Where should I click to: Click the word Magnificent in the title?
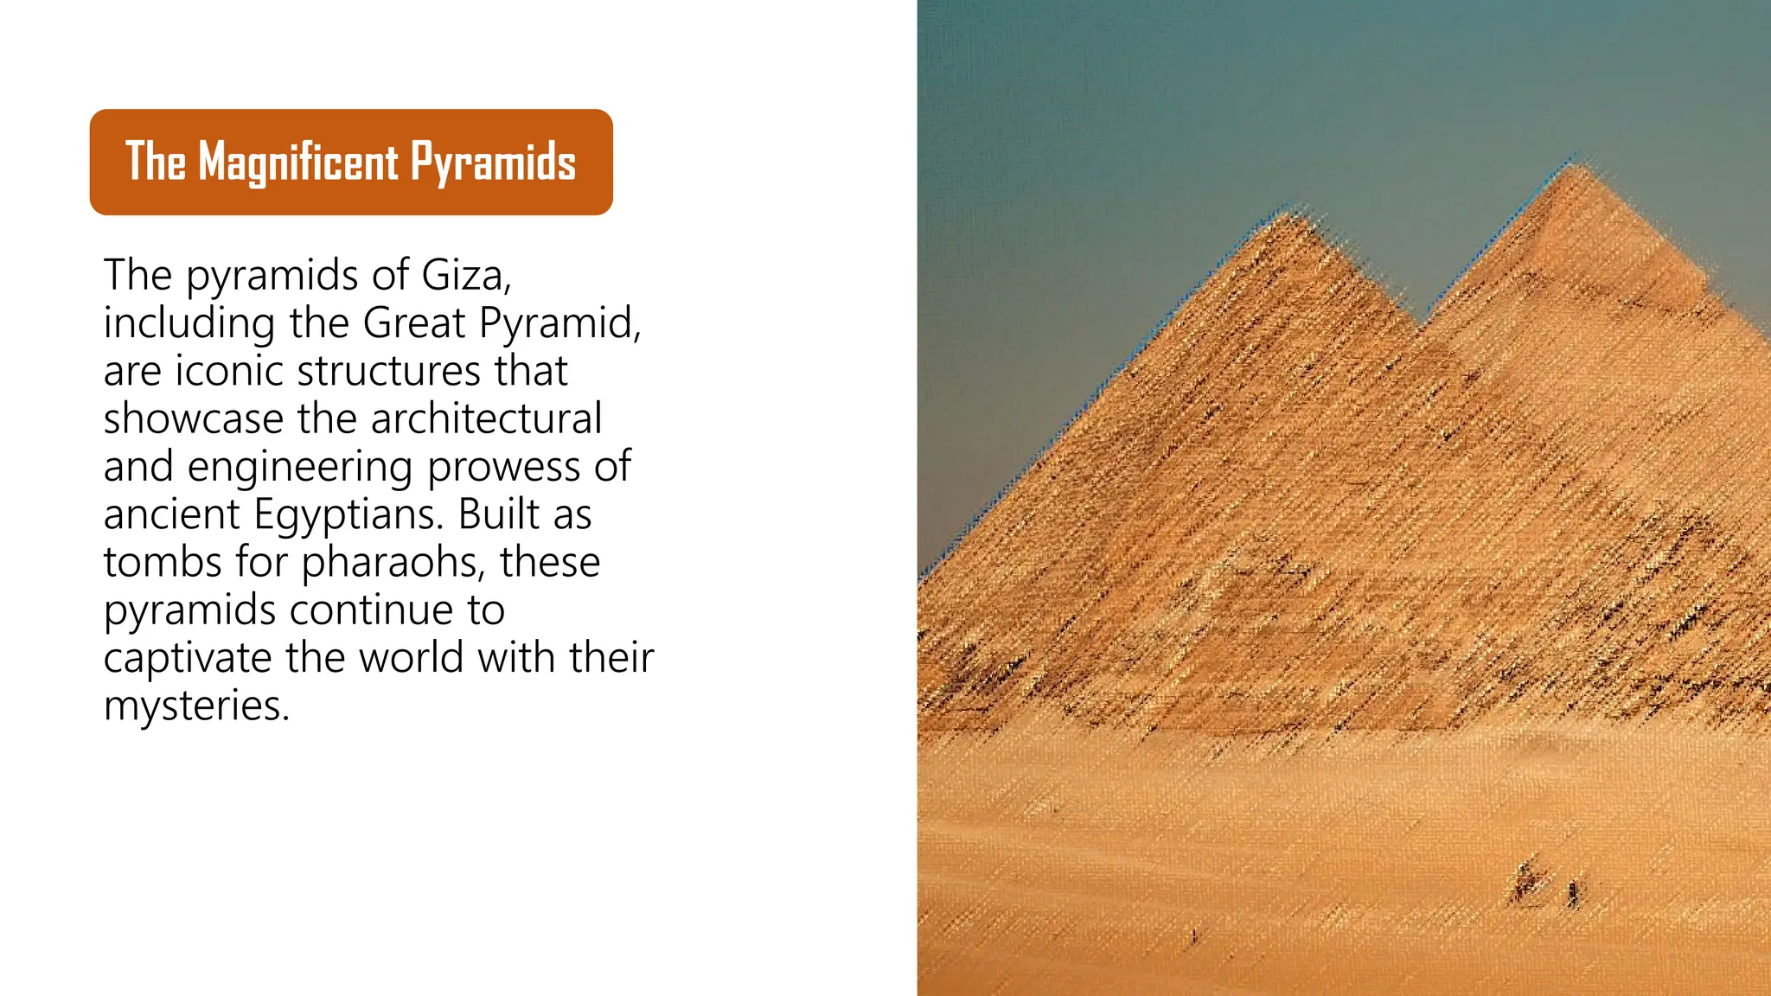[298, 162]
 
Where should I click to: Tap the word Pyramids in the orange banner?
[493, 162]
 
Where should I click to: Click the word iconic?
[231, 371]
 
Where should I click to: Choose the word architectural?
[486, 419]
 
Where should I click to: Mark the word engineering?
[300, 468]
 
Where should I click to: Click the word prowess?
[504, 468]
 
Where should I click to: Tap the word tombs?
[163, 562]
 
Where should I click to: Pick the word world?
[412, 658]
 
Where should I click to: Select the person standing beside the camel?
[1572, 893]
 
